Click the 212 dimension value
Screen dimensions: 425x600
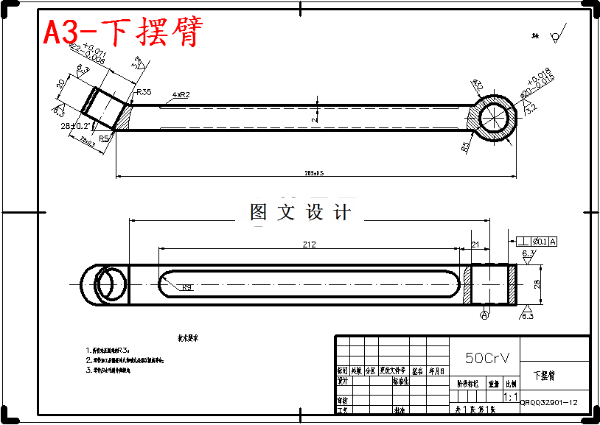[310, 245]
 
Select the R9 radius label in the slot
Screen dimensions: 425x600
[187, 287]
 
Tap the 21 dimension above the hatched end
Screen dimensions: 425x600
[475, 245]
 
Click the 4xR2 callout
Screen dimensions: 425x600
[181, 95]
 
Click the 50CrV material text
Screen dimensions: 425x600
[486, 358]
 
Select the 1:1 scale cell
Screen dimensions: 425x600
[510, 396]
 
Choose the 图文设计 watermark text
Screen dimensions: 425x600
[301, 213]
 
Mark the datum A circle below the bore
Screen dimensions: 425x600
[484, 315]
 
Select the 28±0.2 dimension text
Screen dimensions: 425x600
[75, 126]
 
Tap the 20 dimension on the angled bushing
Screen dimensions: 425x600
[61, 84]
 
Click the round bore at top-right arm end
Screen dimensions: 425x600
[494, 118]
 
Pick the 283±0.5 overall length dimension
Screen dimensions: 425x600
[314, 173]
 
